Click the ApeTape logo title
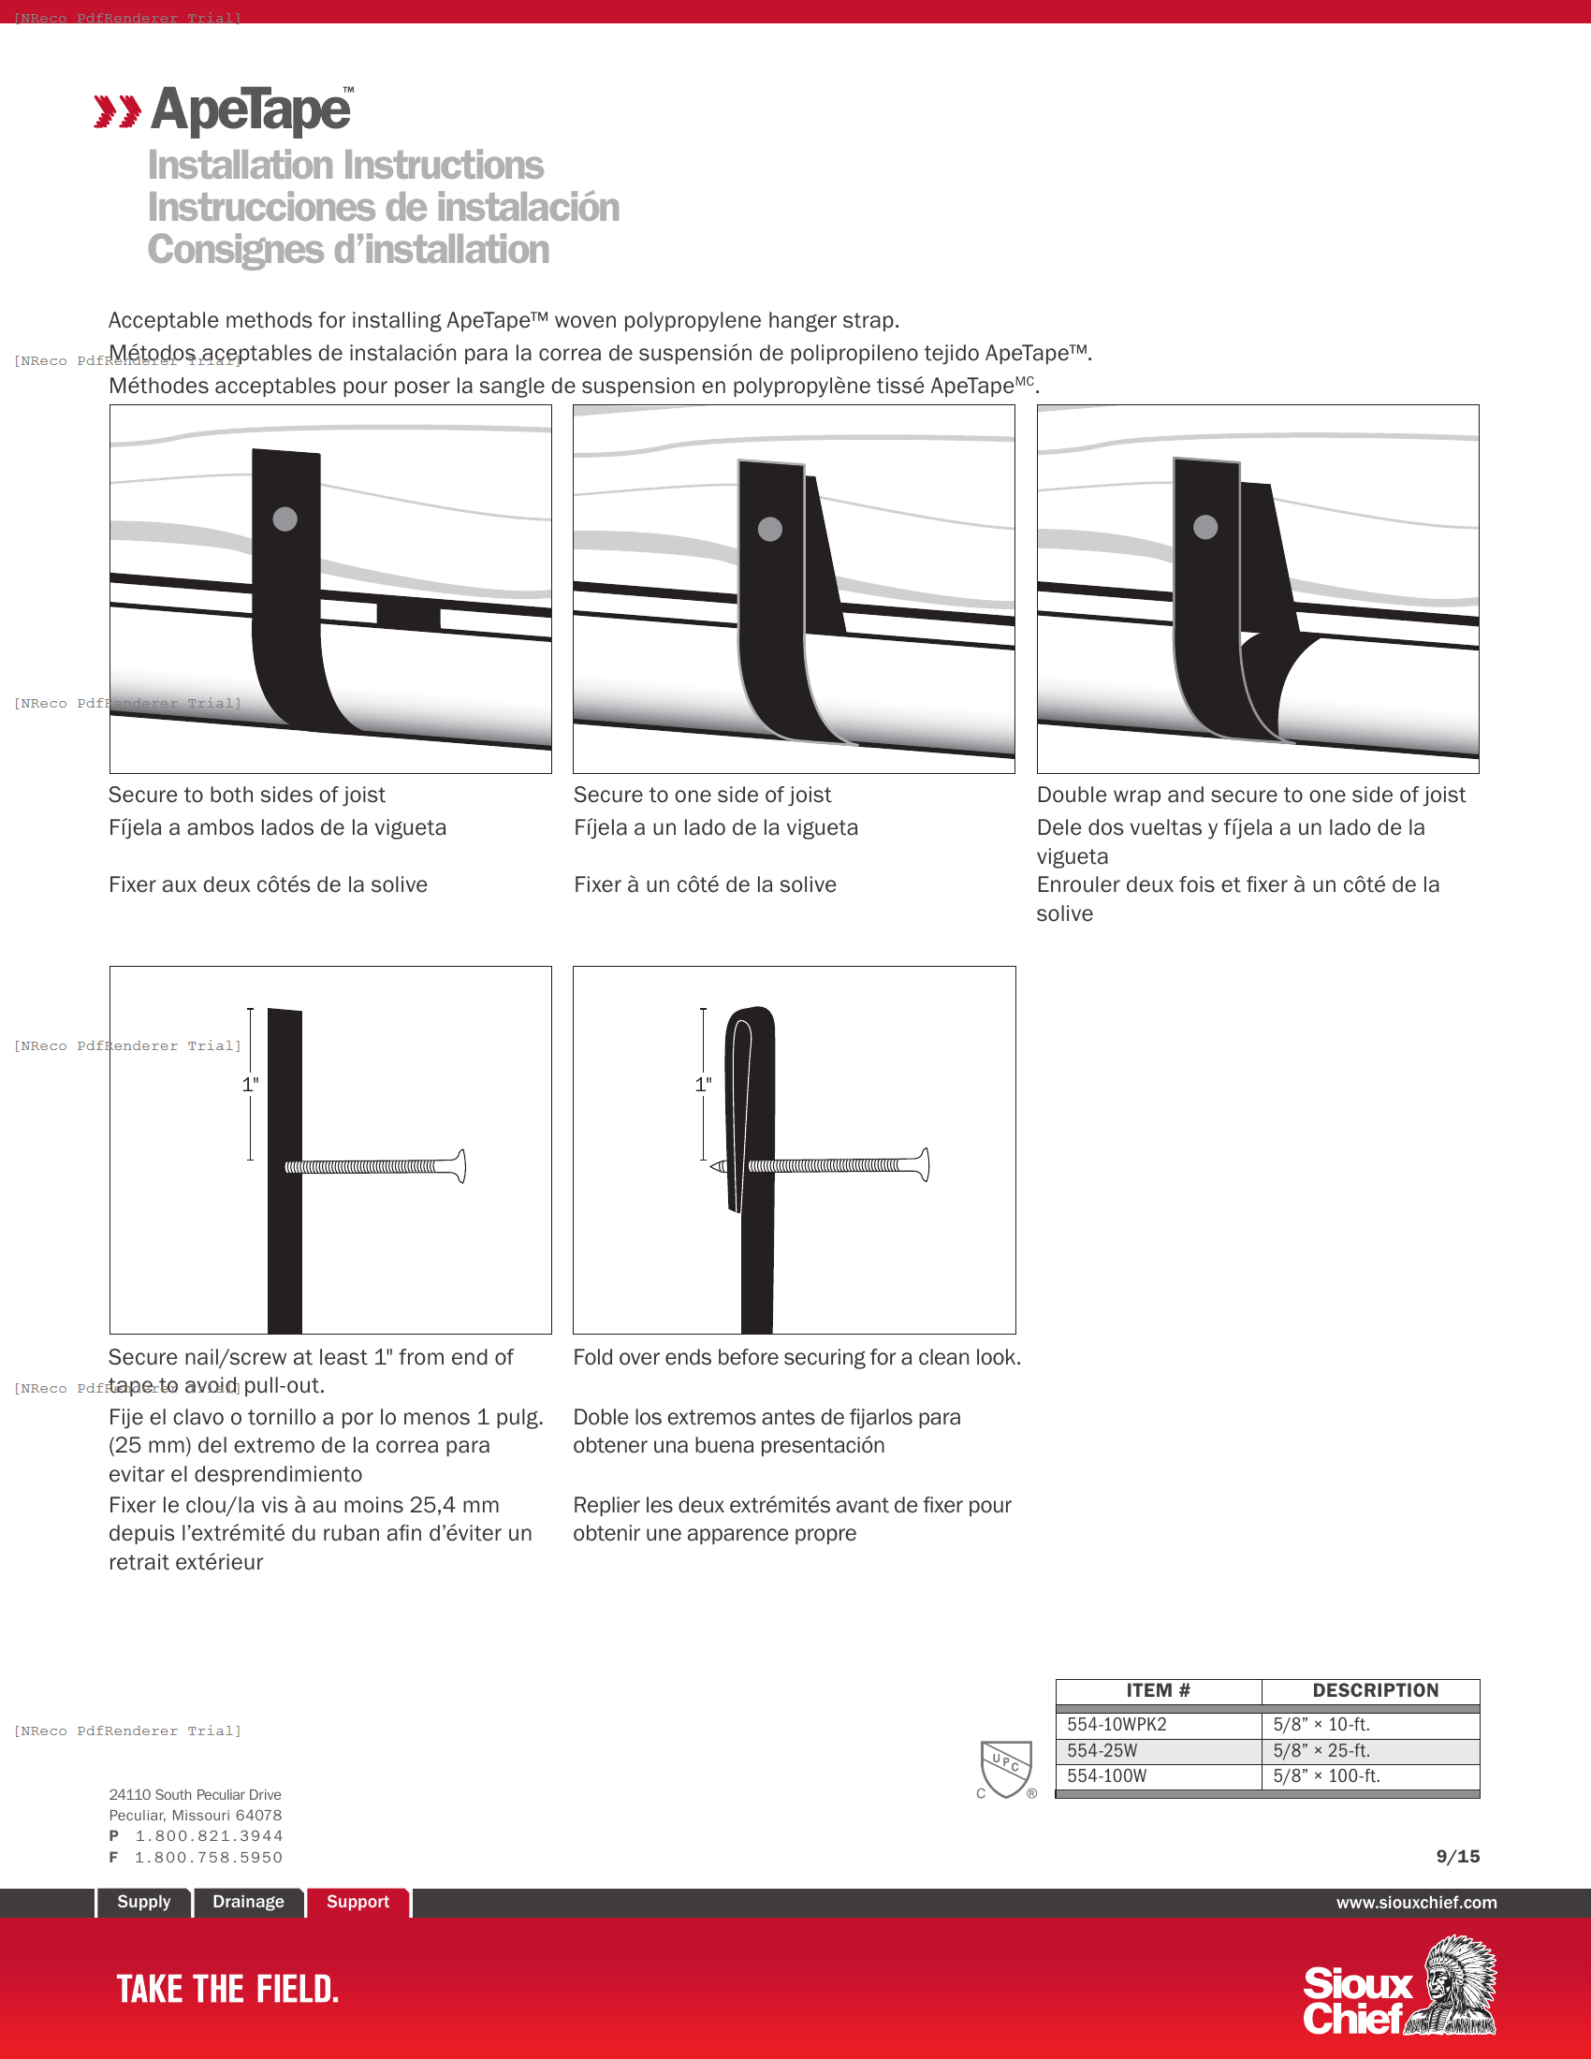click(251, 111)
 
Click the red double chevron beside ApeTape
click(117, 111)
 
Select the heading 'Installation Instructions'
click(345, 166)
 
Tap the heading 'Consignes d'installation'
click(348, 250)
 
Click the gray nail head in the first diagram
click(285, 518)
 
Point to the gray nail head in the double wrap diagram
click(1204, 527)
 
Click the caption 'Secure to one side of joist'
click(701, 795)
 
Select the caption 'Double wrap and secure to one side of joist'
click(1249, 795)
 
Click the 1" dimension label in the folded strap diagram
click(703, 1084)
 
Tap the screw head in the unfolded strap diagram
click(460, 1166)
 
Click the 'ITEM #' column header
click(1158, 1690)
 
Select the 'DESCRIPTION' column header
click(1374, 1690)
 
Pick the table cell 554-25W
click(1102, 1751)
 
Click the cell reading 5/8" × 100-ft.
click(1326, 1776)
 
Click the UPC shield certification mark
click(1006, 1768)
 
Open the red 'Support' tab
click(358, 1902)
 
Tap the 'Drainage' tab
click(248, 1902)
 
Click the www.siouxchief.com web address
click(1416, 1903)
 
